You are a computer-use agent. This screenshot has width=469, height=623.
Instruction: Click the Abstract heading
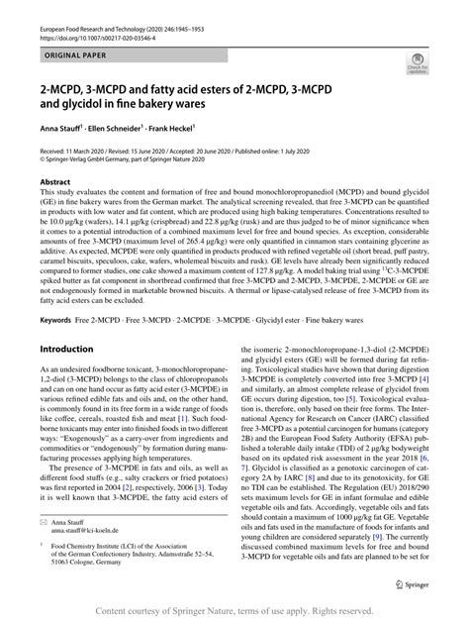54,182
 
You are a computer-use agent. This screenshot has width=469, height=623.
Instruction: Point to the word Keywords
56,293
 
